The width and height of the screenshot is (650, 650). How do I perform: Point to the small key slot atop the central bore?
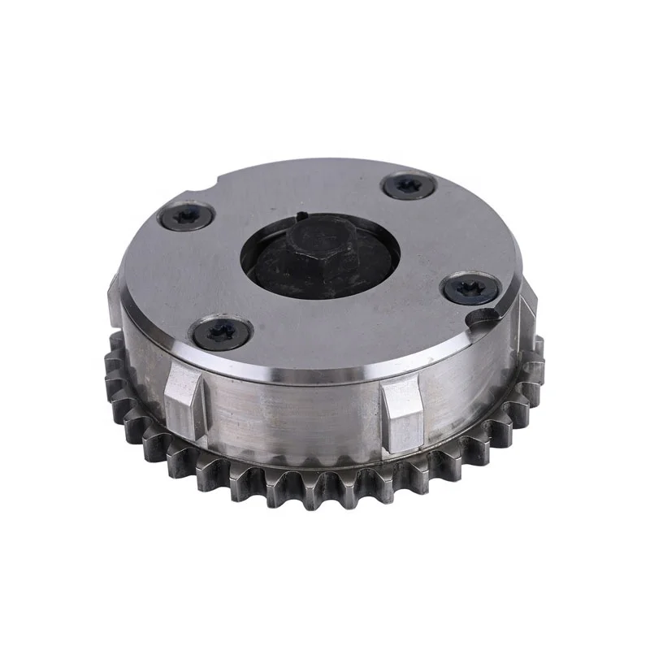tap(300, 216)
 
